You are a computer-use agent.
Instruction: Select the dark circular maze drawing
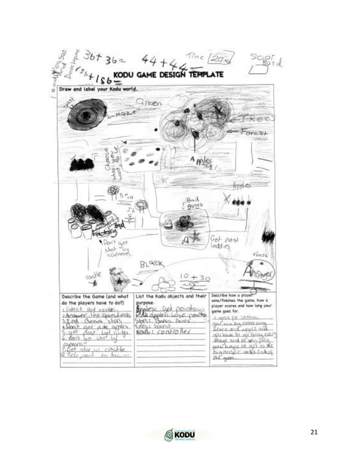[87, 114]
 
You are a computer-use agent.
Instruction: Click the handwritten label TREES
[257, 118]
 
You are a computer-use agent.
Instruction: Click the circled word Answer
[258, 272]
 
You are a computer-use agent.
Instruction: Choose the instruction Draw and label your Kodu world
[100, 89]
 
